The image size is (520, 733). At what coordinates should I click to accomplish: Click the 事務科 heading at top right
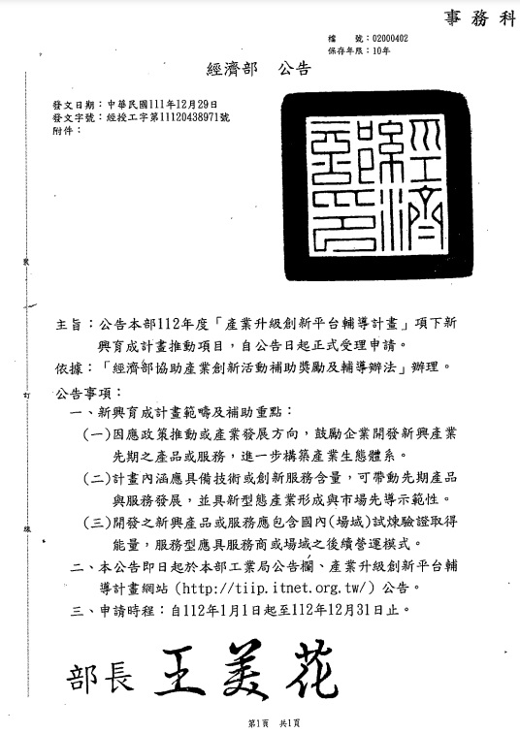click(480, 17)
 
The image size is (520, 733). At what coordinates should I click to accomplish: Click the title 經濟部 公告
click(259, 69)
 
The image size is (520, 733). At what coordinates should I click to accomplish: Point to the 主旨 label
click(68, 322)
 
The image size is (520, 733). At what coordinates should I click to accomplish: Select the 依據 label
click(68, 367)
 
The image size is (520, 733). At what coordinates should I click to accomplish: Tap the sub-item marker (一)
click(97, 432)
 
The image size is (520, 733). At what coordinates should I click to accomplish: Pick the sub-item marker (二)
click(97, 478)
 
